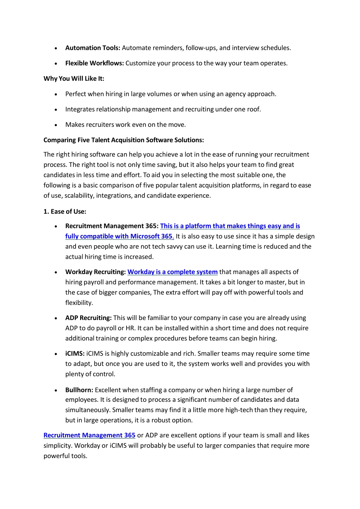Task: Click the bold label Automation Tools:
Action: pyautogui.click(x=93, y=48)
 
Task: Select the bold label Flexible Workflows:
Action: pyautogui.click(x=95, y=63)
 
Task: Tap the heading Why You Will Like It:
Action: pyautogui.click(x=74, y=79)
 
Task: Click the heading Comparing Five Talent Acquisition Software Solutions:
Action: pyautogui.click(x=124, y=140)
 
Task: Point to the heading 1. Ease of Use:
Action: pyautogui.click(x=65, y=211)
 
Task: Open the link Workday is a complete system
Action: pyautogui.click(x=172, y=272)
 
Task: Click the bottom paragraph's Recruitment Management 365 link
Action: pyautogui.click(x=89, y=435)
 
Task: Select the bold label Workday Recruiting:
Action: pyautogui.click(x=96, y=272)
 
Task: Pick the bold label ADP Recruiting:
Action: pyautogui.click(x=89, y=318)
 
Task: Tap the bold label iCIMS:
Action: pyautogui.click(x=75, y=354)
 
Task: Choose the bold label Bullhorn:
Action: pyautogui.click(x=79, y=390)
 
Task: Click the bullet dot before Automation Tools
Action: pyautogui.click(x=56, y=48)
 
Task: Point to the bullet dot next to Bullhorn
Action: pyautogui.click(x=56, y=391)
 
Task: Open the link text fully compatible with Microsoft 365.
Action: pyautogui.click(x=119, y=236)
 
